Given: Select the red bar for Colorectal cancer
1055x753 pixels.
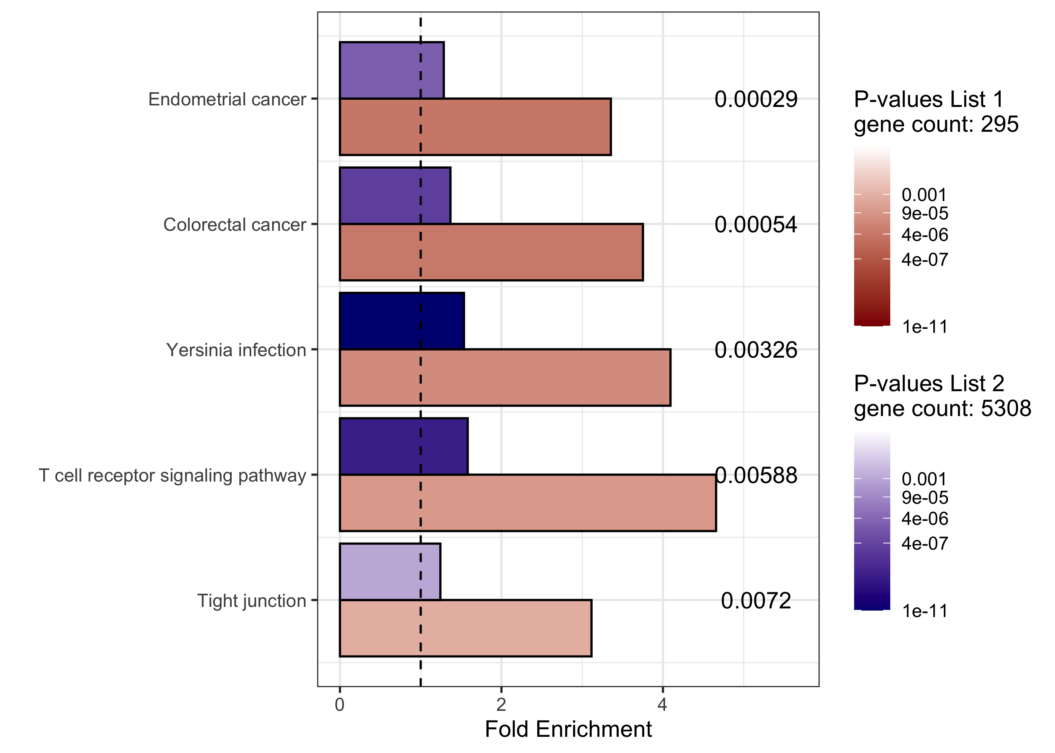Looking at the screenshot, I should point(491,252).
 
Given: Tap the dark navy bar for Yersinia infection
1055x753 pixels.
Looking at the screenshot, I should point(401,321).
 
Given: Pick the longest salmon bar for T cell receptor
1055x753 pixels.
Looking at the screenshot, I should point(527,503).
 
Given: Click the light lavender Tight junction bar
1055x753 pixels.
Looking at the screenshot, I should point(390,571).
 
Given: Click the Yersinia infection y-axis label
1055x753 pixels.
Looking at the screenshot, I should point(236,350).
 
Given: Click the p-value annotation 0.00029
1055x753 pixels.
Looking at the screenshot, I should point(755,99).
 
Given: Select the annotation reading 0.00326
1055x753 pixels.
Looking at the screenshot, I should point(755,350).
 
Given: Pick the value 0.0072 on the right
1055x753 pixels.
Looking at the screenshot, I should point(755,601).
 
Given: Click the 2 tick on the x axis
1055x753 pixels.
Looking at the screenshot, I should point(501,705).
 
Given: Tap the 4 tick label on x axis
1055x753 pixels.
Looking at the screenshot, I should point(662,705).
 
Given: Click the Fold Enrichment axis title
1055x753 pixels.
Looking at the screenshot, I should point(568,729).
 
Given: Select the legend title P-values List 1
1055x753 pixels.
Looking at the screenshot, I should point(928,99).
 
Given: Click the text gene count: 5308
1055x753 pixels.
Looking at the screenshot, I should point(942,409).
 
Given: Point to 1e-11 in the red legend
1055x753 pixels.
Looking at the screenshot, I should point(924,327).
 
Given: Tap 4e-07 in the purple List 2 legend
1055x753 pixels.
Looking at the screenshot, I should point(924,543).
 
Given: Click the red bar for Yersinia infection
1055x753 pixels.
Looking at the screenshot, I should point(505,377).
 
